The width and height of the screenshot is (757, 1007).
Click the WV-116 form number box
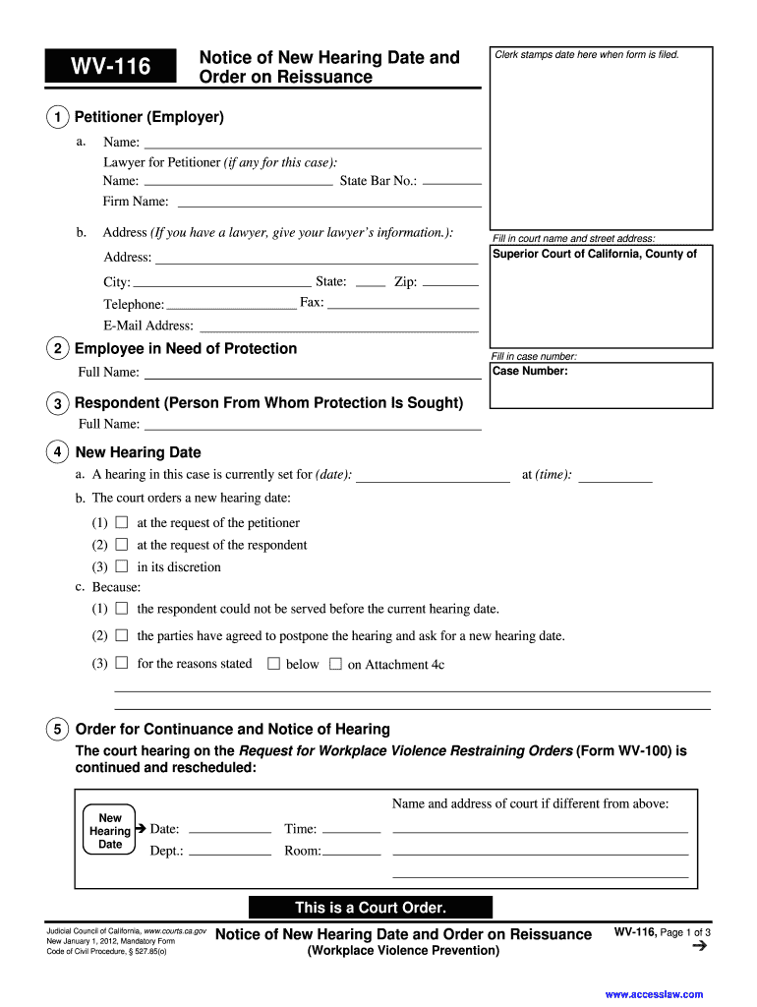point(110,66)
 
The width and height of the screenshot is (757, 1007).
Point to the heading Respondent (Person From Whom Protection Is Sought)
point(268,403)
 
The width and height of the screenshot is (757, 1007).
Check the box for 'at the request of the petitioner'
point(122,522)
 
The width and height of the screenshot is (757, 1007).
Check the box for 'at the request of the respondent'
point(122,544)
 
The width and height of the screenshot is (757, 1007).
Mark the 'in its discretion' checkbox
point(122,566)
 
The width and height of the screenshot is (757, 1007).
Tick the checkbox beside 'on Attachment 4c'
point(335,664)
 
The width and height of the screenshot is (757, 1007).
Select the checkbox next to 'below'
point(274,664)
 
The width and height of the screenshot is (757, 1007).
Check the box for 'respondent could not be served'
point(122,609)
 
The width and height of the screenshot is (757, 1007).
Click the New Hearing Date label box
point(110,831)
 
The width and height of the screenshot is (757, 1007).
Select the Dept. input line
point(229,852)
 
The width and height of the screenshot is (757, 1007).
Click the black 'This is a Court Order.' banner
point(371,908)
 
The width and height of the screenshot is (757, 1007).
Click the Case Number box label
point(530,372)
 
